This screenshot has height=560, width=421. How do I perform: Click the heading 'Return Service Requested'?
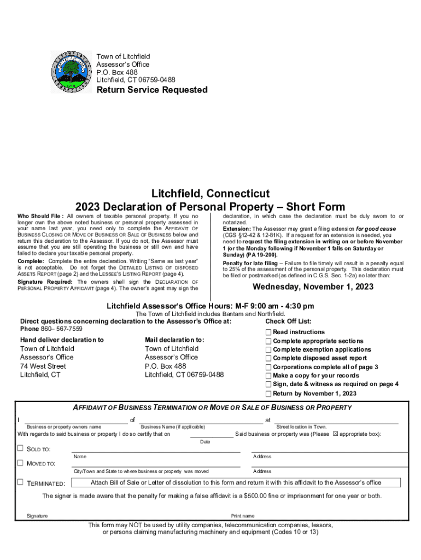click(152, 90)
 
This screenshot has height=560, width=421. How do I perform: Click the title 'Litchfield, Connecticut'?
click(210, 194)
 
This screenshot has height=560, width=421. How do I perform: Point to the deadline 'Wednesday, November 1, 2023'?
click(313, 287)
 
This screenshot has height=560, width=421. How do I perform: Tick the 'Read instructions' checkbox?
click(268, 332)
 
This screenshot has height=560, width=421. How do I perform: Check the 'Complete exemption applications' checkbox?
click(268, 349)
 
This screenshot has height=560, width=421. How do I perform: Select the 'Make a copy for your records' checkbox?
click(268, 376)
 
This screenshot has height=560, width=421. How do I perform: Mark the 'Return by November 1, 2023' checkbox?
click(268, 393)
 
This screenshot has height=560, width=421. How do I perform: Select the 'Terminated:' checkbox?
click(20, 482)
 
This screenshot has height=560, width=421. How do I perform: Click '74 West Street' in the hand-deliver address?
click(43, 366)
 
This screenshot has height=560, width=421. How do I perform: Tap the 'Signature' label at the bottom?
click(37, 516)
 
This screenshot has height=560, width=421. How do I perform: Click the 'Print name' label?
click(243, 516)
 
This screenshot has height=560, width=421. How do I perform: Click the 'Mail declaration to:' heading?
click(174, 340)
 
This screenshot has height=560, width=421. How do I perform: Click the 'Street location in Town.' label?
click(301, 427)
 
